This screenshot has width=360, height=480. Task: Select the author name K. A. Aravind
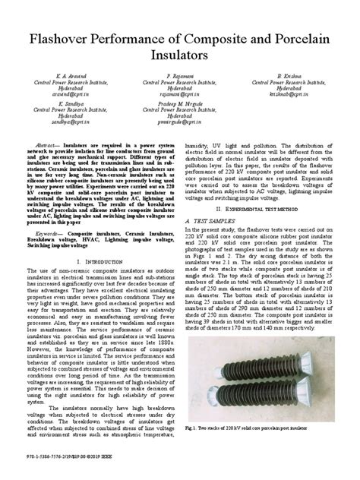[68, 77]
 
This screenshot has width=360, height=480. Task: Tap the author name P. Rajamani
[180, 77]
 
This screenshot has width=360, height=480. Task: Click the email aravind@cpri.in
[68, 96]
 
